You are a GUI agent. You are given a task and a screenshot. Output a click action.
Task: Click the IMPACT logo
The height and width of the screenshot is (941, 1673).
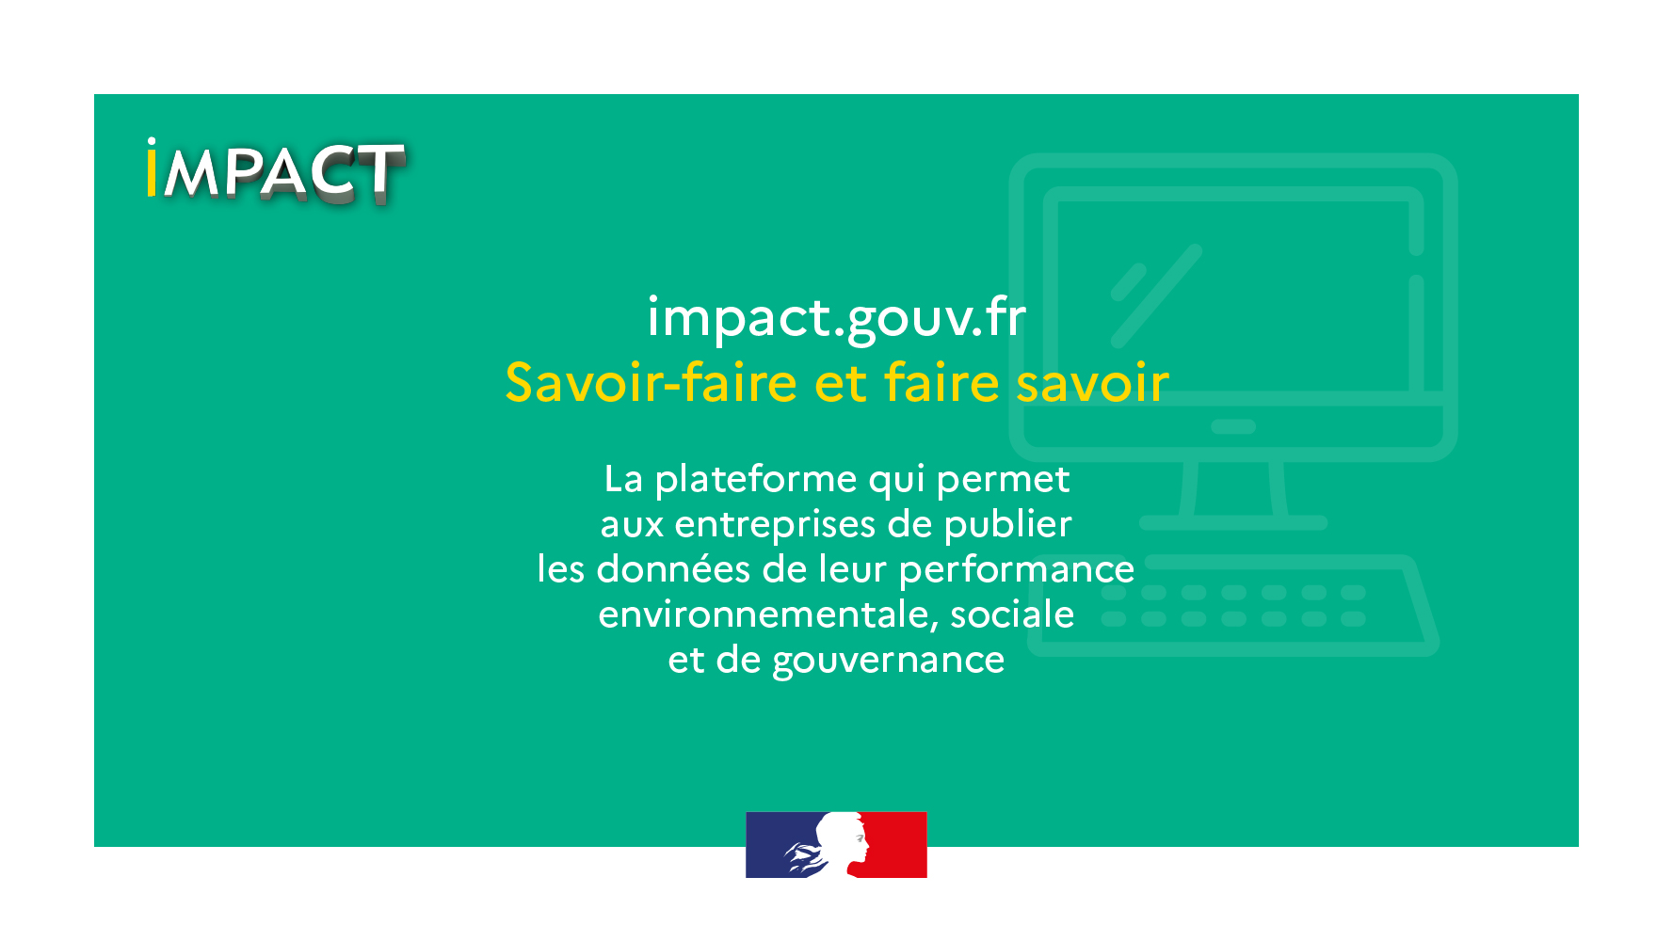coord(276,171)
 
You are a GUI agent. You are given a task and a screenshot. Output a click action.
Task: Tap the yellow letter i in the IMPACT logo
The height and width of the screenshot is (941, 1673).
coord(152,168)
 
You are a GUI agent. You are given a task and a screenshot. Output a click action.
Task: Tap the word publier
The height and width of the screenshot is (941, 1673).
coord(1008,524)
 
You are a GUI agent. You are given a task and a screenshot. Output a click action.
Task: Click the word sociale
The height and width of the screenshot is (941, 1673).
coord(1012,614)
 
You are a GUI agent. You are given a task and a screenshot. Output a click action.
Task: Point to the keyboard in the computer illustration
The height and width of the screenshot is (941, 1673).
coord(1233,606)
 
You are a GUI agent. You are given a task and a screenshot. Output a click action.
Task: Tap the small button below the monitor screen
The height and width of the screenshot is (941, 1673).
coord(1233,426)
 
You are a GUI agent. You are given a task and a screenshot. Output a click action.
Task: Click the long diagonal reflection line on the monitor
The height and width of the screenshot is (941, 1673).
coord(1157,295)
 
